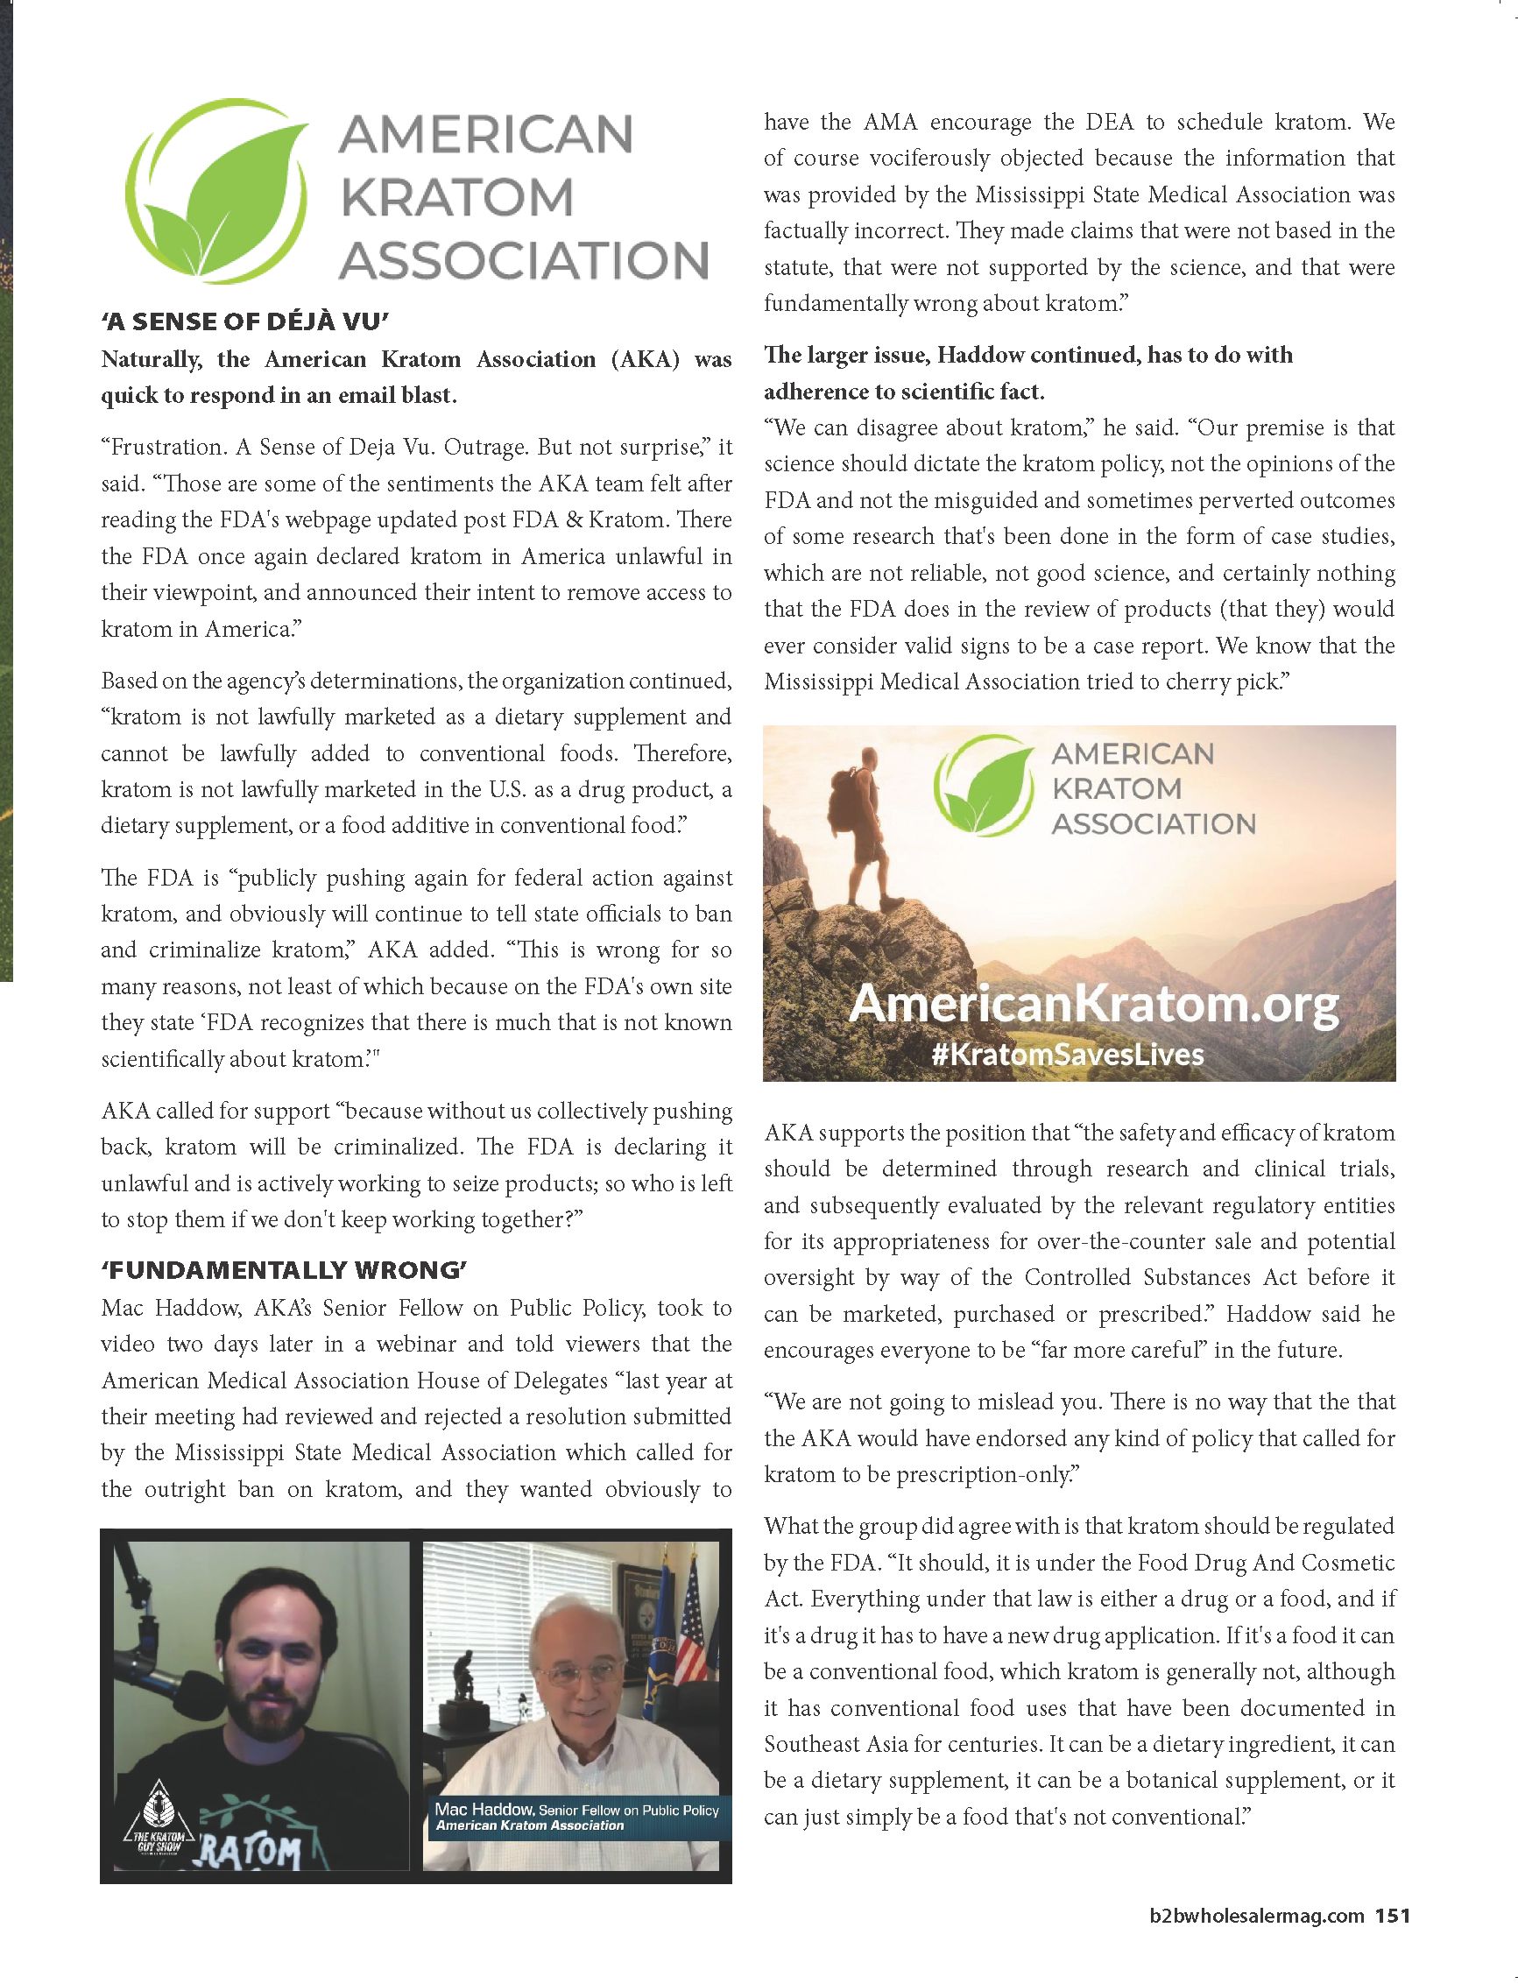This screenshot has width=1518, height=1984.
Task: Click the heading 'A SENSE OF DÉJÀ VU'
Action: pyautogui.click(x=244, y=322)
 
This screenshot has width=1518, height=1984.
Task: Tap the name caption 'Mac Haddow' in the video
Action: pyautogui.click(x=484, y=1809)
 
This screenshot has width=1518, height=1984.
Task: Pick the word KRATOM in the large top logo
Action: pyautogui.click(x=457, y=197)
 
